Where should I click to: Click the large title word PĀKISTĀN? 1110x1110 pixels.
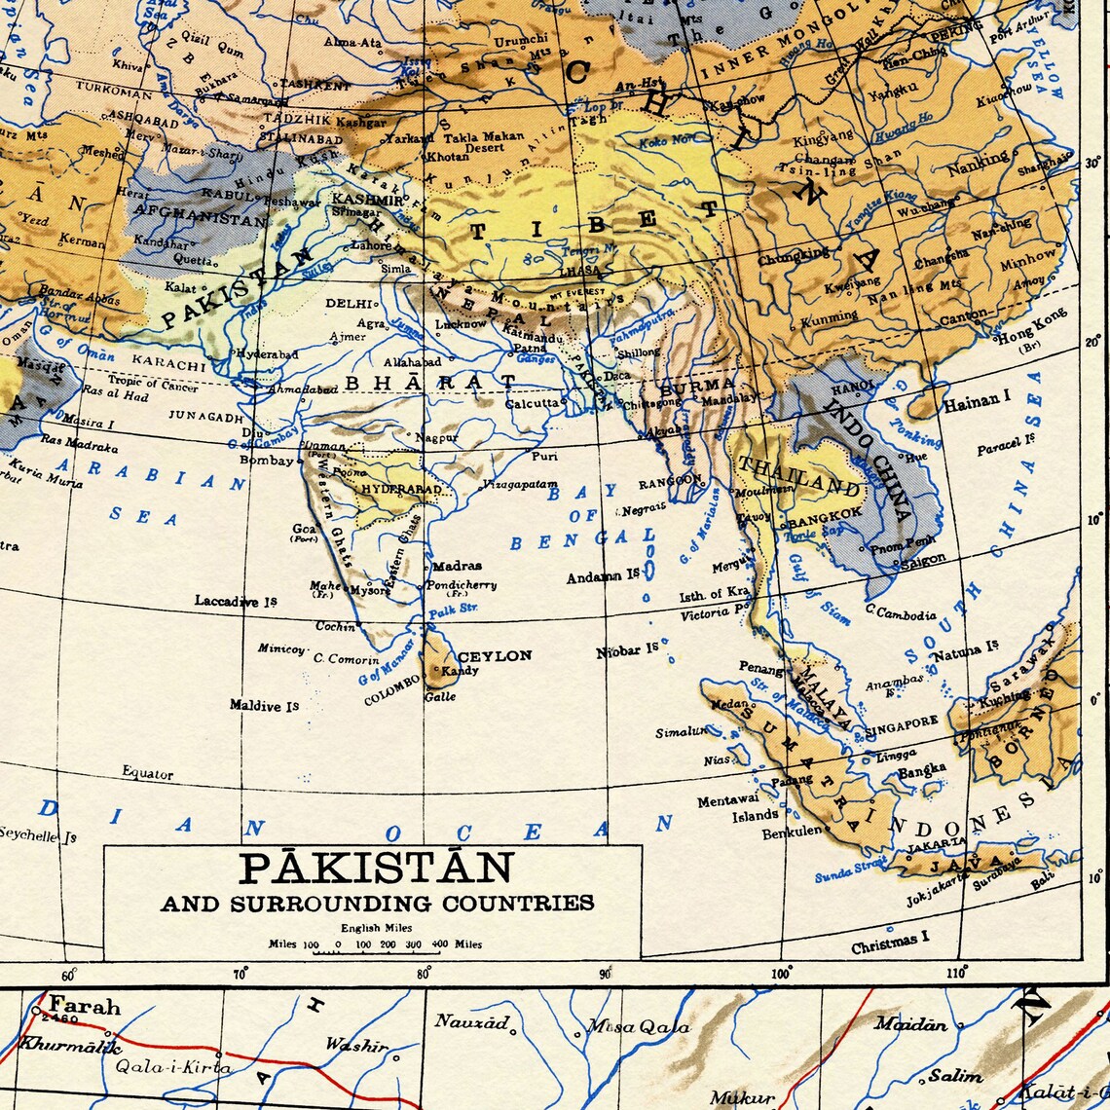coord(376,868)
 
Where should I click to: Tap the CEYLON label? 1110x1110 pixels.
coord(495,656)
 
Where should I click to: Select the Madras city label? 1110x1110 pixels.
coord(457,566)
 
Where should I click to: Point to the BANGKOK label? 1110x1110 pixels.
coord(825,512)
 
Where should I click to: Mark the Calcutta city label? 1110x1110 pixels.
coord(532,402)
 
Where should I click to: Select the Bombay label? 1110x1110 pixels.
coord(266,461)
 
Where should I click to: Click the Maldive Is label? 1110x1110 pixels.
coord(264,705)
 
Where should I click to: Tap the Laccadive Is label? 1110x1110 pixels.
coord(236,602)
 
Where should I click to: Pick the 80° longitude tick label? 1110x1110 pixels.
coord(424,973)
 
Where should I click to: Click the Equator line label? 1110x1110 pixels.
coord(147,774)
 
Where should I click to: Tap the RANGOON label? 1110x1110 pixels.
coord(670,481)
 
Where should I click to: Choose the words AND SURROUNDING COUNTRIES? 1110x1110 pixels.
coord(377,904)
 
